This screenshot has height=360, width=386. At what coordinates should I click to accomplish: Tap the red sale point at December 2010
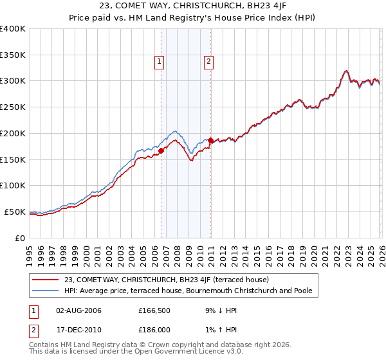tap(210, 140)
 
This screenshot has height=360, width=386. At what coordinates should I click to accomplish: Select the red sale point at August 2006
tap(161, 150)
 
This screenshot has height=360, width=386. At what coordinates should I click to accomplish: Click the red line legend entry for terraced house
tap(170, 280)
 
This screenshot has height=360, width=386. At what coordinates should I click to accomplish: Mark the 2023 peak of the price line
tap(346, 71)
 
